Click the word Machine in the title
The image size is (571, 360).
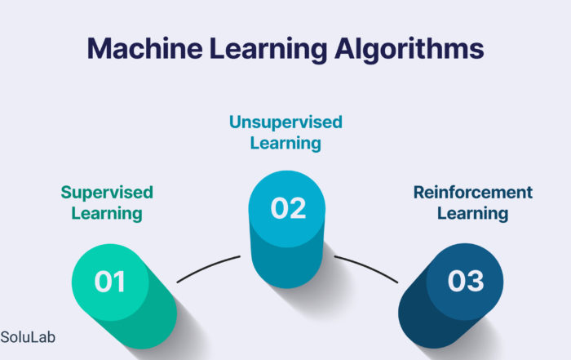139,48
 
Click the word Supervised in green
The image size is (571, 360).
107,193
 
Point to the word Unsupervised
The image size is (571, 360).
285,122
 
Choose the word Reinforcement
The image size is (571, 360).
473,193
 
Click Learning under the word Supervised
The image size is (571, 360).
107,214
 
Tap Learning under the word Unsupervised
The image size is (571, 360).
285,144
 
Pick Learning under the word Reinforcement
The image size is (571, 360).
473,214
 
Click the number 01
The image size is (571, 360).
110,282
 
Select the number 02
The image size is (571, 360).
287,209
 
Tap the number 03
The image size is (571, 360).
467,282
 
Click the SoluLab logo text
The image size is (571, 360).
29,336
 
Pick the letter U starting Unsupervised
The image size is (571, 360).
235,122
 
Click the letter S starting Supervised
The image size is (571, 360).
65,193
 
